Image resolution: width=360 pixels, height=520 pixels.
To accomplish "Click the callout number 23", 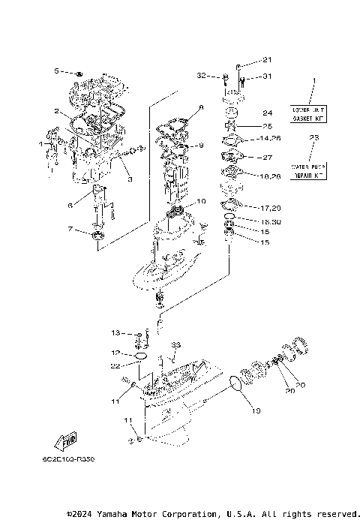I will (x=314, y=138).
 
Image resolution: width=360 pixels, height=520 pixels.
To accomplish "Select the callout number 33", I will (x=175, y=344).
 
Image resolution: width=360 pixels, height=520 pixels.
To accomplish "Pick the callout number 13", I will (x=116, y=332).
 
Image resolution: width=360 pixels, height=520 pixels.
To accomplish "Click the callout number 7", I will (x=70, y=228).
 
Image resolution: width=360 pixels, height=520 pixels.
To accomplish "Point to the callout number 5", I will (x=56, y=71).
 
